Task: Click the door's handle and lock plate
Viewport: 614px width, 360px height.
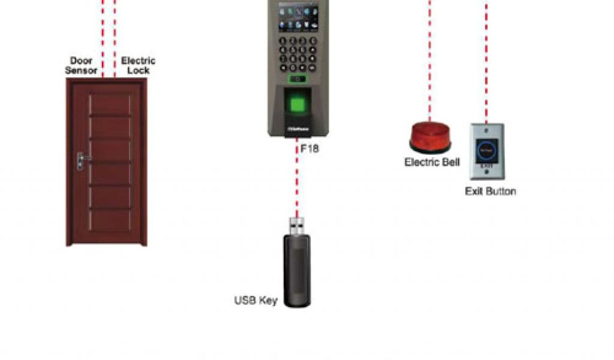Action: point(80,160)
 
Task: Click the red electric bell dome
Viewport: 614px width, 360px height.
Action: point(430,136)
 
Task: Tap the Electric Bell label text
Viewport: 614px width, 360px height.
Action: point(432,162)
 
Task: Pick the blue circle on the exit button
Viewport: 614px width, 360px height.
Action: point(487,149)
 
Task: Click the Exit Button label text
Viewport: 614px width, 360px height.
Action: point(490,191)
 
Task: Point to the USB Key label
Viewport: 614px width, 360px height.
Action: point(255,300)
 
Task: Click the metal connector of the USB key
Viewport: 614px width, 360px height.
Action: point(296,226)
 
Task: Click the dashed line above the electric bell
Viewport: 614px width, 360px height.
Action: point(429,60)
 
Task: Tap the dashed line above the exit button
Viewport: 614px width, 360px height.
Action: point(486,60)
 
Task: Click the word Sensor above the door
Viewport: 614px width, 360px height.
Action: point(82,70)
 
